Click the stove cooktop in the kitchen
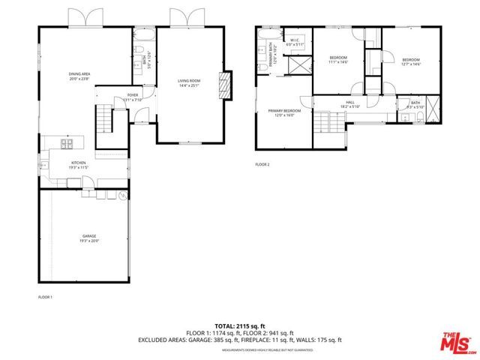click(67, 144)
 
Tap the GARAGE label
click(89, 238)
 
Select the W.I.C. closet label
click(292, 42)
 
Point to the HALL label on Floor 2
click(349, 103)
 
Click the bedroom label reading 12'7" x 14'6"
click(410, 61)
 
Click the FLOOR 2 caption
click(262, 164)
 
